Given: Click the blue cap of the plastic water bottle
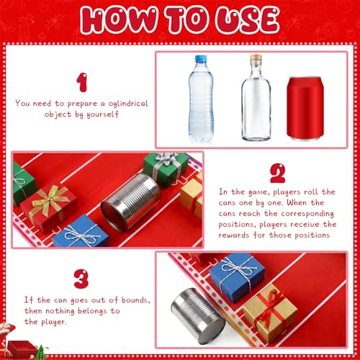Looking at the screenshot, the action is click(201, 59).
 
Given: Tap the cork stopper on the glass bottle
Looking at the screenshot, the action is click(256, 58).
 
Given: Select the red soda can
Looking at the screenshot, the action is click(305, 109).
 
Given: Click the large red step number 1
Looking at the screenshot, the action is click(82, 83).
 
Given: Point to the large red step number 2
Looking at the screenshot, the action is click(278, 174).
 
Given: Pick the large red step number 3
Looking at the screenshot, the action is click(81, 279).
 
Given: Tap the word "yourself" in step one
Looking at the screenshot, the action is click(102, 114).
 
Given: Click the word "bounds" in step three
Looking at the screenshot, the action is click(135, 300).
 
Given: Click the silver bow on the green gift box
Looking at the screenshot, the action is click(166, 158).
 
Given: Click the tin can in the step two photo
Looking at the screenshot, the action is click(131, 202).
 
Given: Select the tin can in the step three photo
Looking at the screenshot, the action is click(197, 312).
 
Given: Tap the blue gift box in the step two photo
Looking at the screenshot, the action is click(81, 232).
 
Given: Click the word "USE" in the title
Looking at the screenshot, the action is click(247, 19).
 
